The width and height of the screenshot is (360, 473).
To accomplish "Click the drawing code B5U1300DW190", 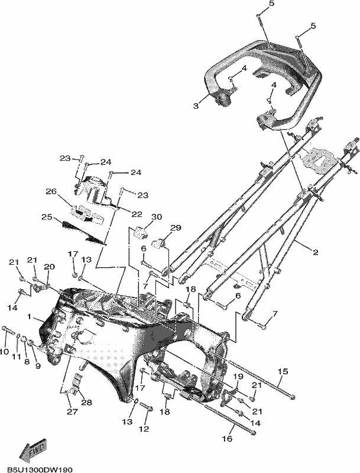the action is pyautogui.click(x=40, y=469).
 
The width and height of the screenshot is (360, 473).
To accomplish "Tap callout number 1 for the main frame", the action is pyautogui.click(x=29, y=316).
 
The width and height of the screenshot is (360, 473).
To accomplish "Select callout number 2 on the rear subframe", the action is pyautogui.click(x=315, y=252).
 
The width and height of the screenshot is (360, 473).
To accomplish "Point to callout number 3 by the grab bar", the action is pyautogui.click(x=196, y=106).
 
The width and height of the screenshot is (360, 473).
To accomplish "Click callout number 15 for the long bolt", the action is pyautogui.click(x=283, y=371).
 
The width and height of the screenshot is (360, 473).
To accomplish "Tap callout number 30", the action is pyautogui.click(x=157, y=216).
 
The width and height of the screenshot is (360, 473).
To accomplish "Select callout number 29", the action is pyautogui.click(x=176, y=228).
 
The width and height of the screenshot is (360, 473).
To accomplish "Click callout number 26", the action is pyautogui.click(x=51, y=191).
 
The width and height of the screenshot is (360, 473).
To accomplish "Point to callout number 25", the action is pyautogui.click(x=47, y=217).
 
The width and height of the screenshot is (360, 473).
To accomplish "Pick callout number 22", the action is pyautogui.click(x=137, y=214).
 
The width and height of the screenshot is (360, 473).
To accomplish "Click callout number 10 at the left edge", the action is pyautogui.click(x=5, y=352).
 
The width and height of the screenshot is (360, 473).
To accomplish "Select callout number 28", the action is pyautogui.click(x=86, y=403).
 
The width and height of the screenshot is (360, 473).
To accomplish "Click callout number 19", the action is pyautogui.click(x=238, y=376).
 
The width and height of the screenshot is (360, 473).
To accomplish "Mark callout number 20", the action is pyautogui.click(x=50, y=267).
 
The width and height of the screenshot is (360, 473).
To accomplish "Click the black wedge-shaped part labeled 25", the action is pyautogui.click(x=83, y=231).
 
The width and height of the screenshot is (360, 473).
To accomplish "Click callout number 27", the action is pyautogui.click(x=73, y=412).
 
